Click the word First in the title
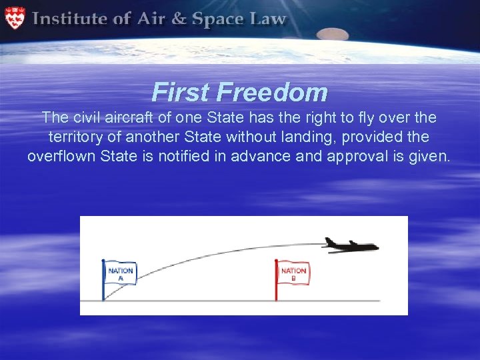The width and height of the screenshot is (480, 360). pyautogui.click(x=178, y=92)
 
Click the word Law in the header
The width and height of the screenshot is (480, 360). pyautogui.click(x=269, y=19)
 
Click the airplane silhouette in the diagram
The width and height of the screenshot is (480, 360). pyautogui.click(x=350, y=245)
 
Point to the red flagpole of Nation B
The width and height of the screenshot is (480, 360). pyautogui.click(x=277, y=283)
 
